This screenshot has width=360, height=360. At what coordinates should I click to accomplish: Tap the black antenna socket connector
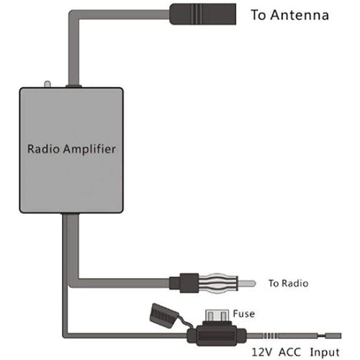click(203, 15)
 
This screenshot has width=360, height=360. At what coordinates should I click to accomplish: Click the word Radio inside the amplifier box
click(45, 150)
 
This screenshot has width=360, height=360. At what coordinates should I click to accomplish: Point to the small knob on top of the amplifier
click(45, 86)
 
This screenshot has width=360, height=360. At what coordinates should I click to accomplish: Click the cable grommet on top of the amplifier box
click(73, 87)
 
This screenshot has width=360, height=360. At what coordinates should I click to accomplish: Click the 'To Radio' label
click(288, 284)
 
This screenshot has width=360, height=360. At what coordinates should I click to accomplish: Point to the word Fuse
click(243, 313)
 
